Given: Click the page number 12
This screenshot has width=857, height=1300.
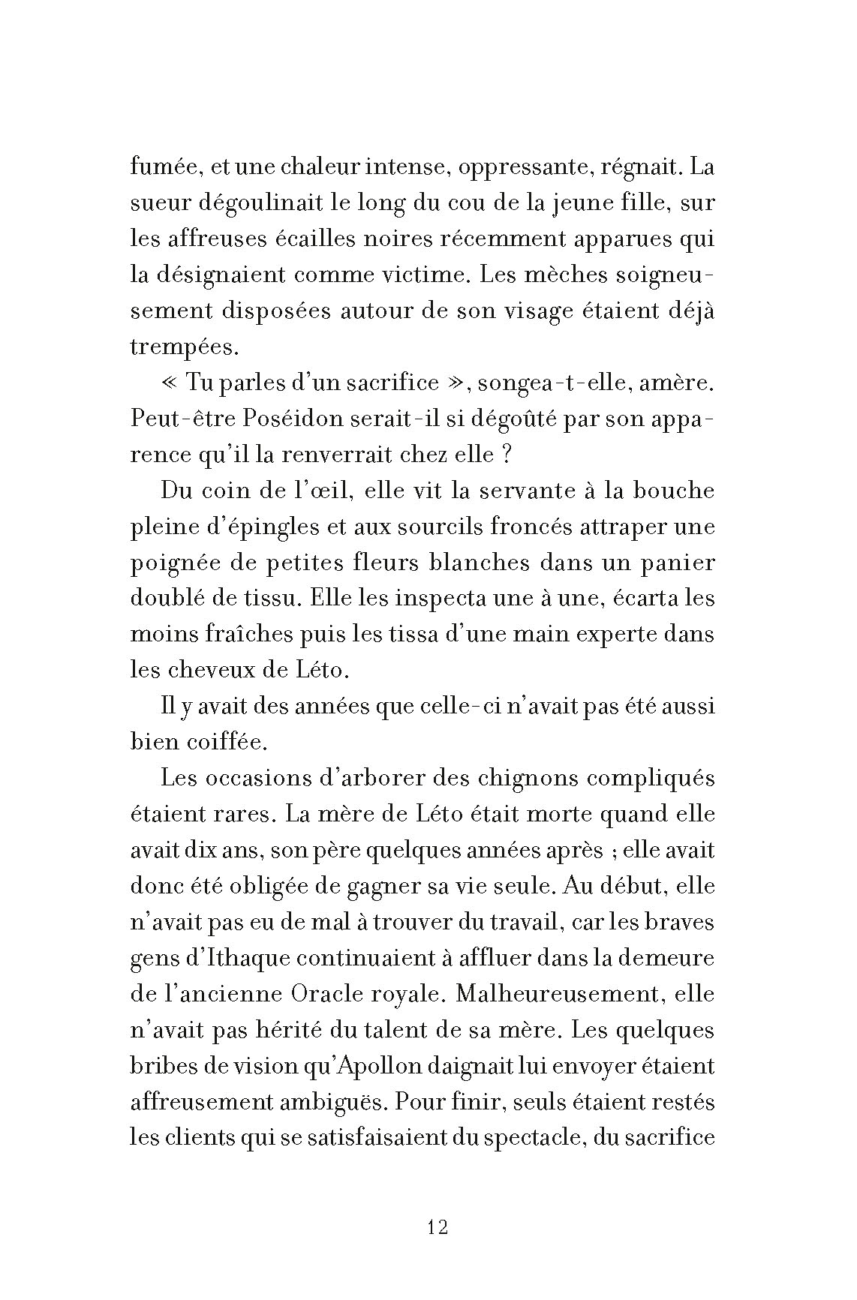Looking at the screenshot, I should tap(438, 1228).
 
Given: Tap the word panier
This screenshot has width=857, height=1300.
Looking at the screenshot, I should tap(678, 563).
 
